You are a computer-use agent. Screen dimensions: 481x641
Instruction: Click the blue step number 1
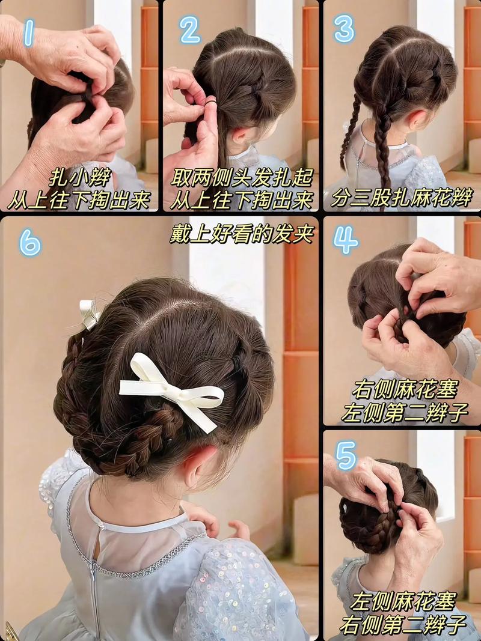coord(29,32)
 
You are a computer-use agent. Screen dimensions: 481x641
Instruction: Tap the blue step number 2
coord(190,30)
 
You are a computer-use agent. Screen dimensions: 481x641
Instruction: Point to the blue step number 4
coord(345,240)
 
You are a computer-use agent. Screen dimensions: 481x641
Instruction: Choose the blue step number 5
coord(346,455)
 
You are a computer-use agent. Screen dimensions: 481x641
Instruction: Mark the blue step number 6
coord(30,242)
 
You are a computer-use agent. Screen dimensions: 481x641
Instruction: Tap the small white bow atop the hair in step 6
coord(89,314)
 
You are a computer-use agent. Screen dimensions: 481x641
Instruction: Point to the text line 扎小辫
coord(80,178)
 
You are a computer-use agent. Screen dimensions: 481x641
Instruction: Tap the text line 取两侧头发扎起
coord(241,178)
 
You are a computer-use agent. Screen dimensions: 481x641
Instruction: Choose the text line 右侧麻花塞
coord(404,390)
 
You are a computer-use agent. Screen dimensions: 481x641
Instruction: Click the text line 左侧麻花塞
coord(402,601)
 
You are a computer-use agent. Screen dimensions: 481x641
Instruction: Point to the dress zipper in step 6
coord(95,593)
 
